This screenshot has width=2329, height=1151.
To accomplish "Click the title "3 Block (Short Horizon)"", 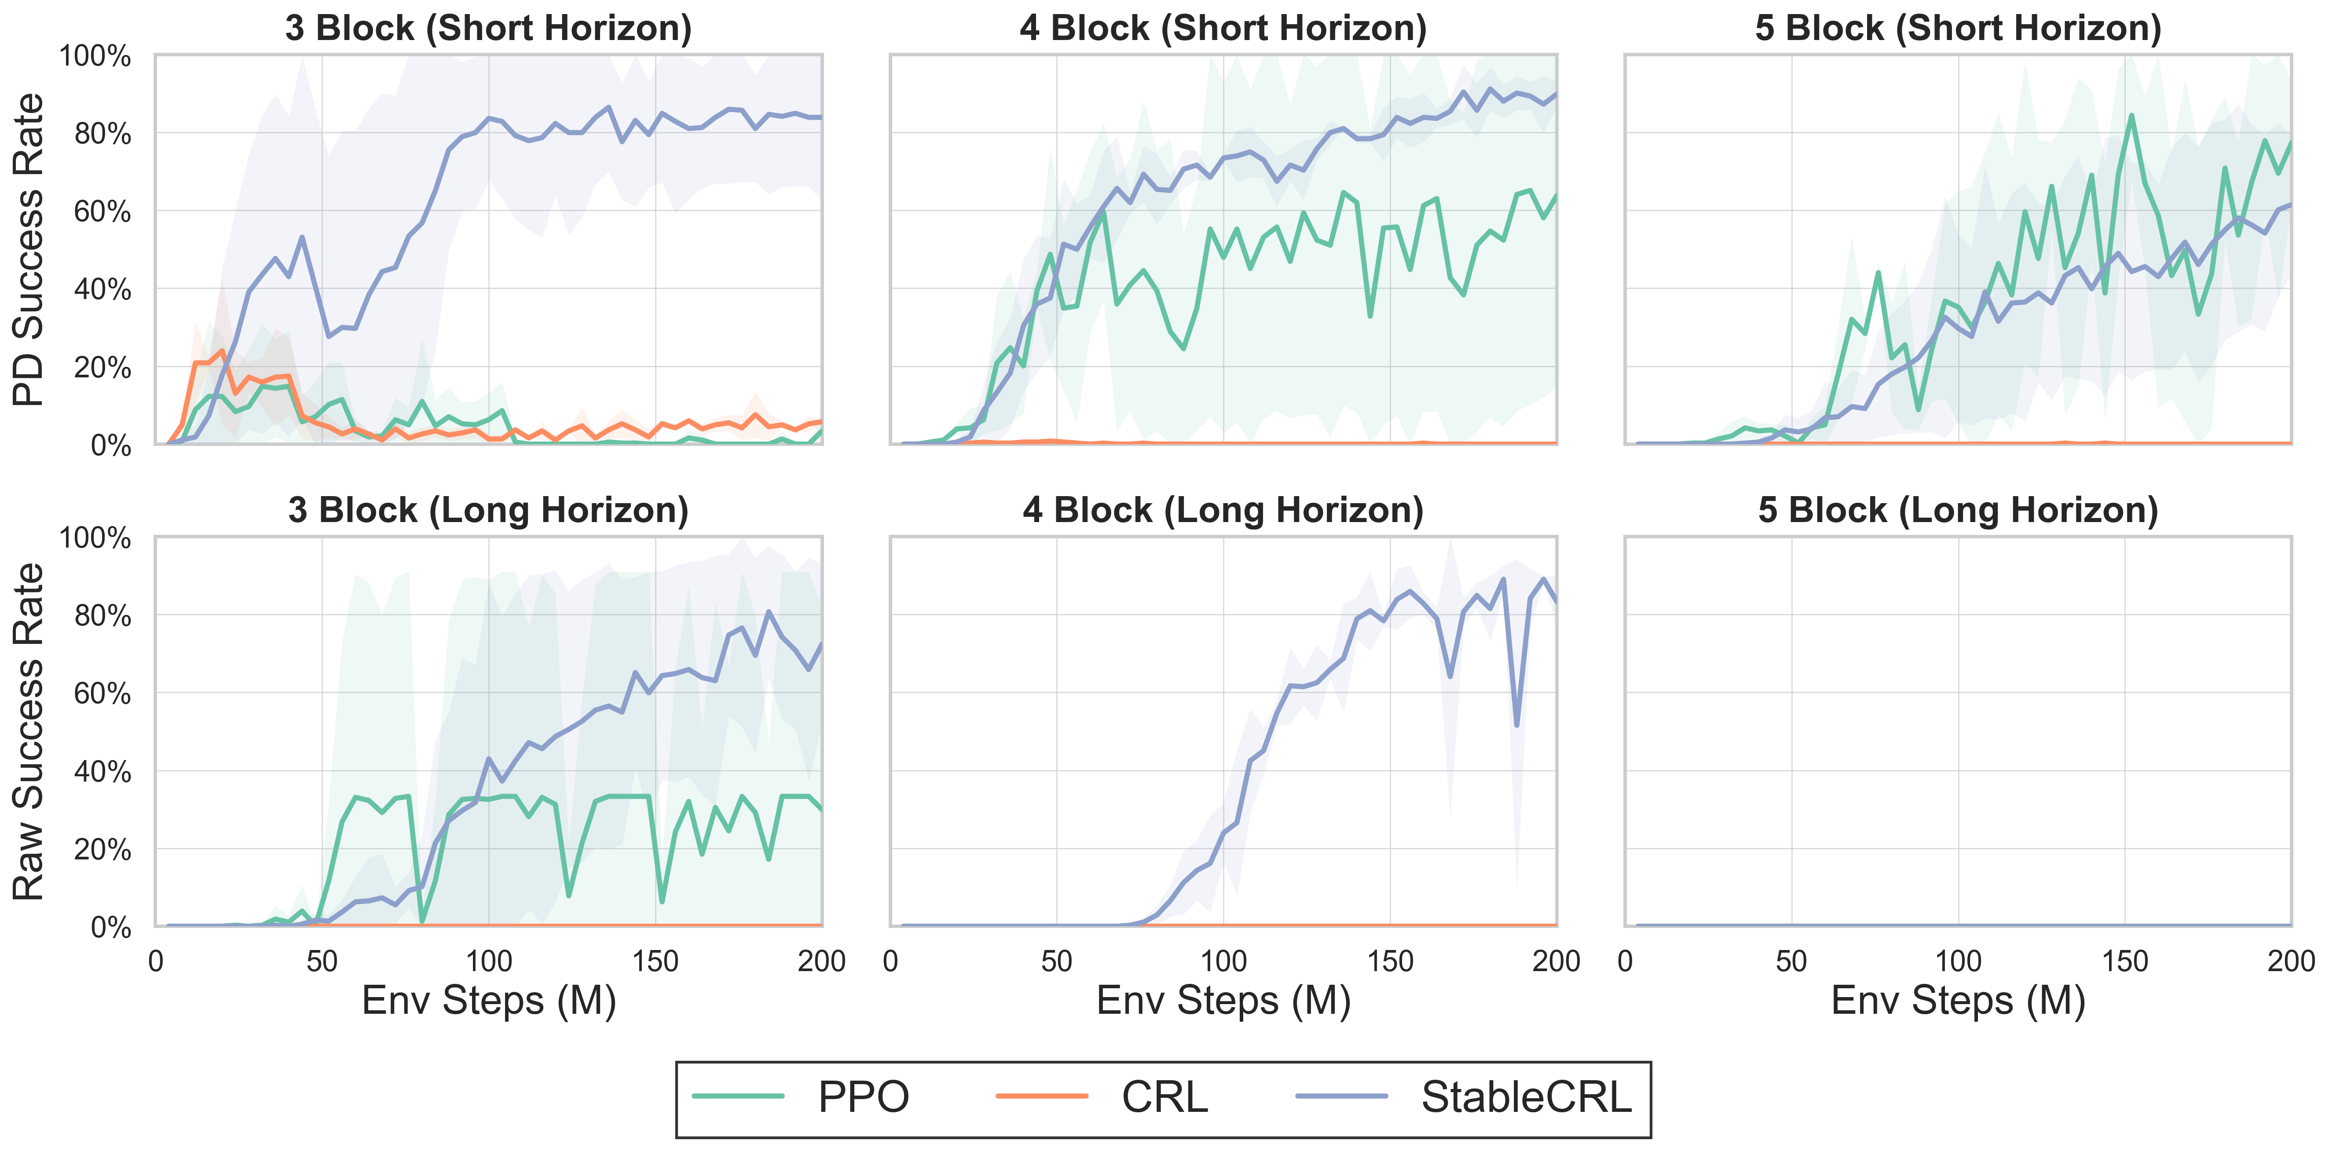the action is click(x=488, y=28).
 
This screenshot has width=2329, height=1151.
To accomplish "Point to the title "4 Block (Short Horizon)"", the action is click(x=1223, y=28).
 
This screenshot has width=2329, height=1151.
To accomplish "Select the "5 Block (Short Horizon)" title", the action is click(x=1958, y=28).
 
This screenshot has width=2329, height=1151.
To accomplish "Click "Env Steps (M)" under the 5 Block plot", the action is click(x=1958, y=1001).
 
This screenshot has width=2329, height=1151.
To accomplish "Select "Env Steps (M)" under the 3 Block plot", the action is click(x=488, y=1001).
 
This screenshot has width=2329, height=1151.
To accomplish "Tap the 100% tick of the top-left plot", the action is click(x=95, y=56).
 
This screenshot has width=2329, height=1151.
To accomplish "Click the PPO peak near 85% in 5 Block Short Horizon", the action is click(x=2131, y=116).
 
